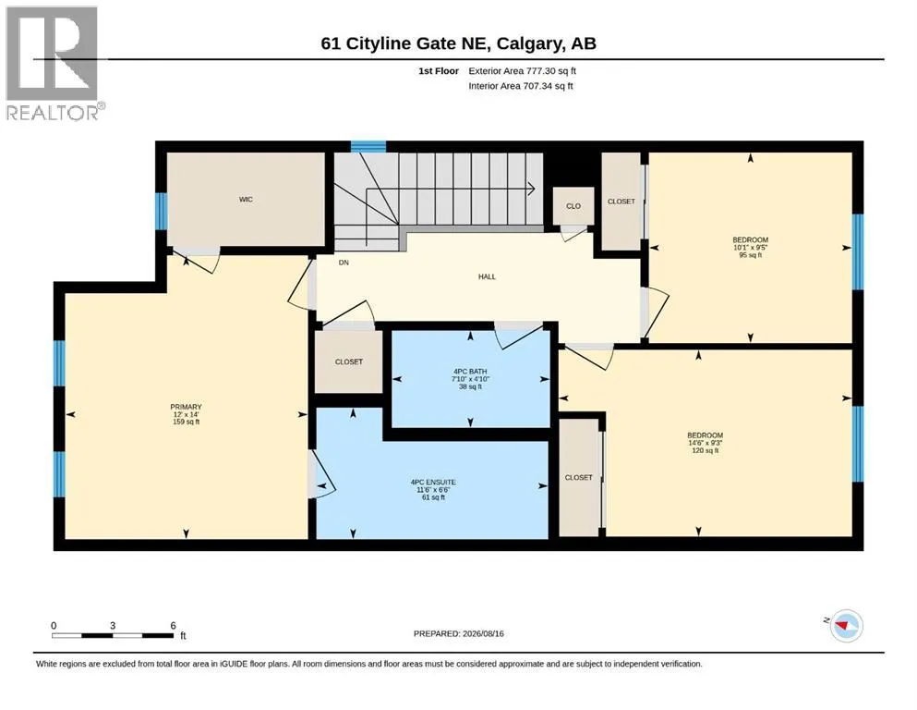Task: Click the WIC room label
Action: pyautogui.click(x=246, y=200)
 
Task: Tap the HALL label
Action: pyautogui.click(x=487, y=276)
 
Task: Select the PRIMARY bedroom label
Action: pyautogui.click(x=186, y=407)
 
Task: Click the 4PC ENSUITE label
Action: pyautogui.click(x=433, y=483)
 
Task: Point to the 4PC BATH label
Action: pyautogui.click(x=470, y=372)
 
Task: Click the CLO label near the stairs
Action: pyautogui.click(x=573, y=206)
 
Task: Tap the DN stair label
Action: pyautogui.click(x=344, y=263)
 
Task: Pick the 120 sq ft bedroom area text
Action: pyautogui.click(x=706, y=451)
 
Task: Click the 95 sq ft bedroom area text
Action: pyautogui.click(x=751, y=255)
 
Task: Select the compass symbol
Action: pyautogui.click(x=846, y=625)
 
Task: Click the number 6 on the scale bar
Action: pyautogui.click(x=173, y=625)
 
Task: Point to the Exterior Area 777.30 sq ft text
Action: pyautogui.click(x=523, y=71)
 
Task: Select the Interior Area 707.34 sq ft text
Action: pyautogui.click(x=521, y=86)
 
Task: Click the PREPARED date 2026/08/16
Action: pyautogui.click(x=483, y=633)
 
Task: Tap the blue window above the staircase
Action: pyautogui.click(x=368, y=146)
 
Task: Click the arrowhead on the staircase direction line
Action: pyautogui.click(x=532, y=189)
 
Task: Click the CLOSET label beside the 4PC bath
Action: pyautogui.click(x=348, y=362)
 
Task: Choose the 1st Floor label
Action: pyautogui.click(x=439, y=71)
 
